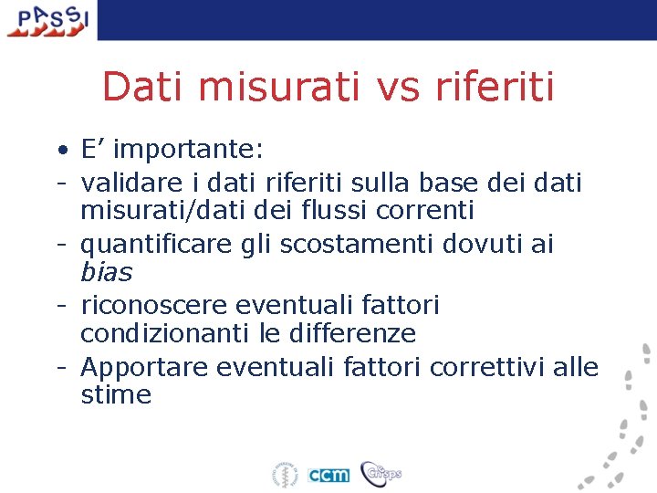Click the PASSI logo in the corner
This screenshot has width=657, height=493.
[x=47, y=20]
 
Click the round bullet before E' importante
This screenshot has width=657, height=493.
[x=58, y=150]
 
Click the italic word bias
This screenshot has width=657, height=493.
[x=106, y=272]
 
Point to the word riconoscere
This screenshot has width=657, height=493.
[x=156, y=303]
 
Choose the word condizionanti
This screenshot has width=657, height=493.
[x=166, y=333]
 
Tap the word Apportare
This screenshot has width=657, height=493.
[x=138, y=367]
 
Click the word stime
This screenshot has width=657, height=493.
[x=116, y=395]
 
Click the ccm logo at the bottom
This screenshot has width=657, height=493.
[x=328, y=475]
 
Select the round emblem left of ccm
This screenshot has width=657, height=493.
[x=284, y=475]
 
